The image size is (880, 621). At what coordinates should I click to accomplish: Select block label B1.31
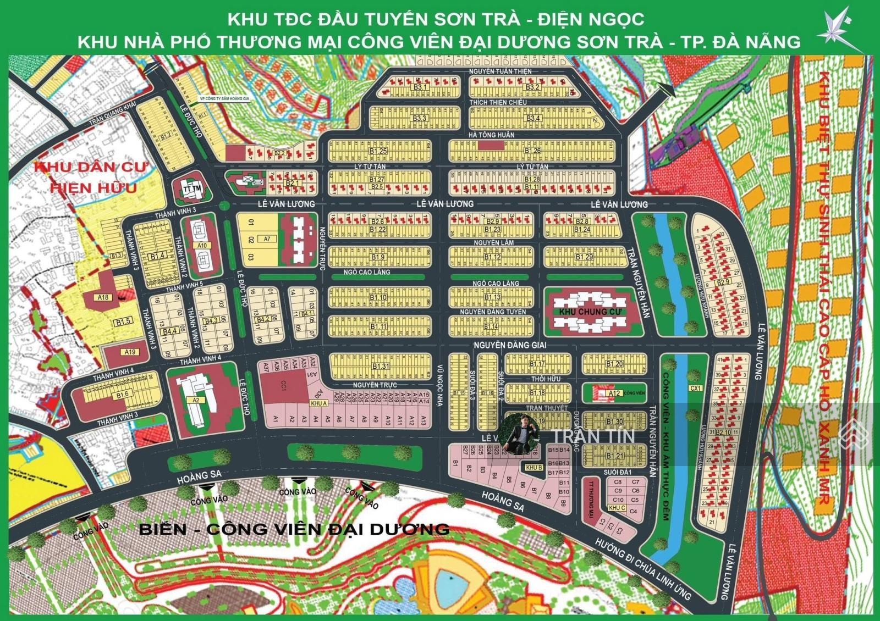[380, 367]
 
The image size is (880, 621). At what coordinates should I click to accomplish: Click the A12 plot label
[614, 393]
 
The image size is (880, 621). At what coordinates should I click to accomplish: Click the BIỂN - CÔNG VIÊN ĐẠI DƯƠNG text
[294, 529]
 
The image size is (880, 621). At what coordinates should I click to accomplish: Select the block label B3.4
[532, 118]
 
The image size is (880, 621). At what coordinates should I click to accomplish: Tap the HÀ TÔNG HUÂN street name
[491, 135]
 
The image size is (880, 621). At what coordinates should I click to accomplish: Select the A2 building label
[195, 400]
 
